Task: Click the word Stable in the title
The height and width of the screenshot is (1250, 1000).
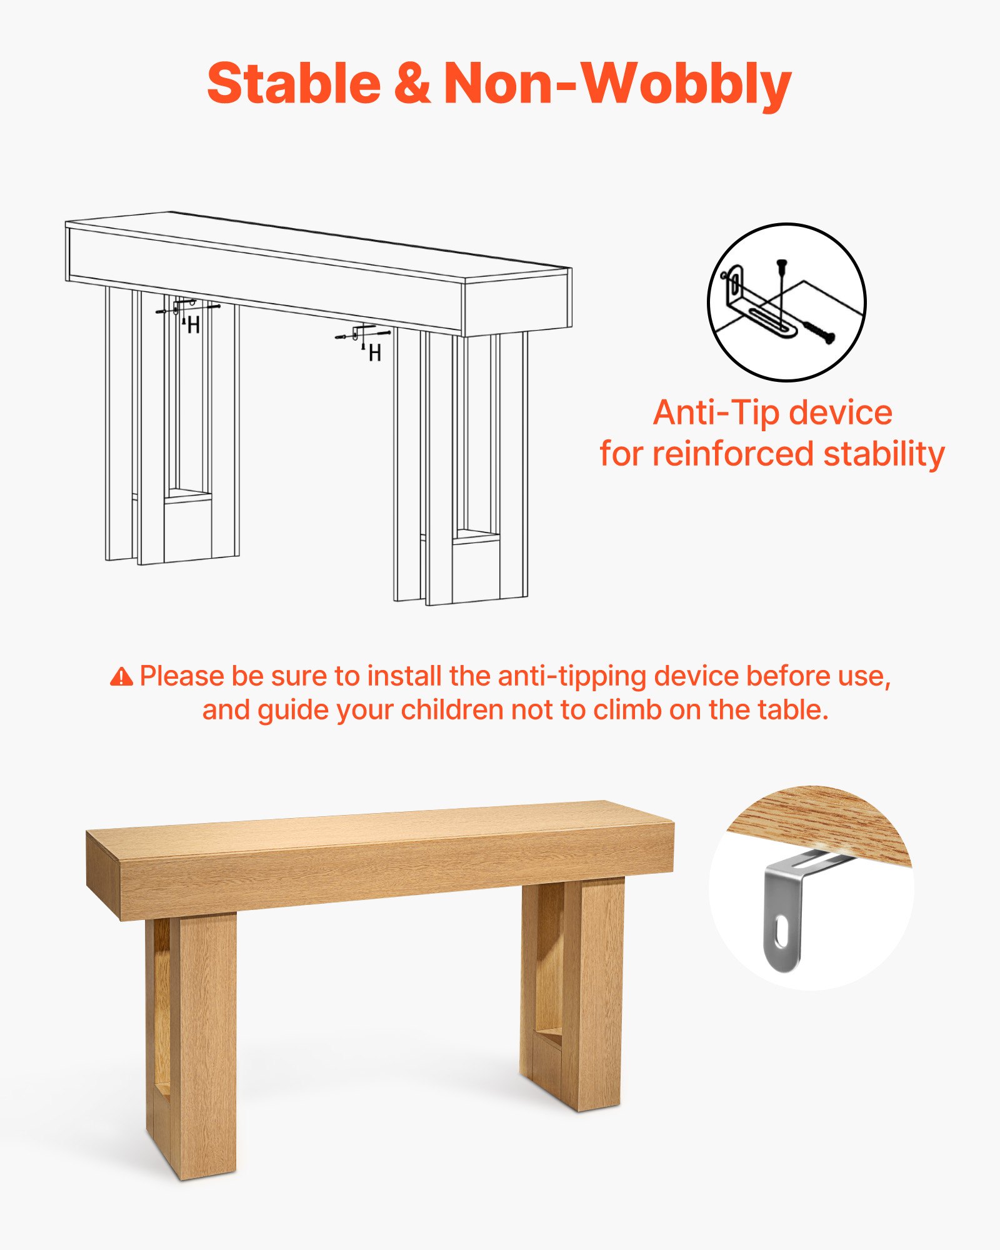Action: [294, 84]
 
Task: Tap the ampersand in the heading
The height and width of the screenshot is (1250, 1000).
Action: [412, 84]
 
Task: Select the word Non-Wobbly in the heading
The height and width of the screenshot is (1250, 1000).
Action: [617, 84]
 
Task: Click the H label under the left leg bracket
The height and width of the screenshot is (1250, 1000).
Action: [194, 326]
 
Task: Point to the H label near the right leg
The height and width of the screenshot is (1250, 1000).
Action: [375, 354]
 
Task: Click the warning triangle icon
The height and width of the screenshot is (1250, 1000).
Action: [121, 677]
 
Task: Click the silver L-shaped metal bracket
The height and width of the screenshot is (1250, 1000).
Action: [784, 906]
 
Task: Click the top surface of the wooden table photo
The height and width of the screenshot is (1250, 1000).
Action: [375, 825]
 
